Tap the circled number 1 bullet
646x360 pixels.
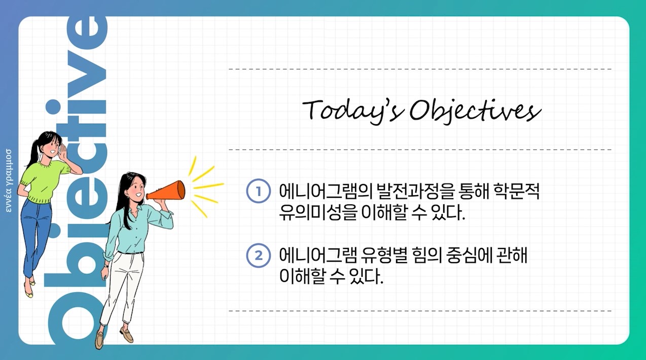pyautogui.click(x=259, y=191)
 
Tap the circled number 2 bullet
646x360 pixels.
pyautogui.click(x=259, y=256)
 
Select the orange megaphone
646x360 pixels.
pyautogui.click(x=166, y=191)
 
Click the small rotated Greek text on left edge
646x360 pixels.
pyautogui.click(x=9, y=181)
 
